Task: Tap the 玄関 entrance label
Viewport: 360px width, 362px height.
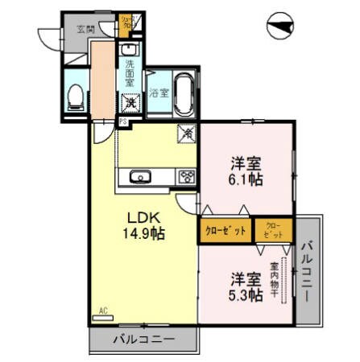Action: (85, 29)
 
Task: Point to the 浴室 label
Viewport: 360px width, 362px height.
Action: (159, 93)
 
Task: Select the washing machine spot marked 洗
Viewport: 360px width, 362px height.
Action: (130, 103)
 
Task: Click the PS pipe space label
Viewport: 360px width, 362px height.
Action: (123, 121)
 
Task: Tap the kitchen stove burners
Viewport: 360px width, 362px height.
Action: (186, 177)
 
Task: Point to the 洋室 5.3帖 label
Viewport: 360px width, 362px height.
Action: (245, 286)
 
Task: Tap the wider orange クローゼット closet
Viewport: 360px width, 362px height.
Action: (225, 231)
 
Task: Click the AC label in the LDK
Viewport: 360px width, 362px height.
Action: (103, 311)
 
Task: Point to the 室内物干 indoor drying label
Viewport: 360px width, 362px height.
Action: (275, 278)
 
